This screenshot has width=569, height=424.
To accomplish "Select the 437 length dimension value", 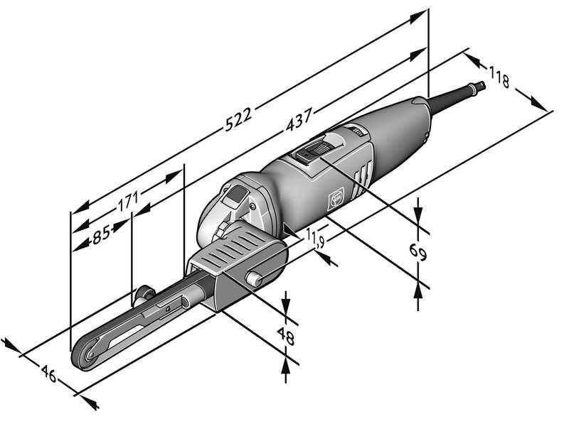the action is click(299, 119).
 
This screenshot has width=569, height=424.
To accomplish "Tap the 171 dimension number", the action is click(128, 202).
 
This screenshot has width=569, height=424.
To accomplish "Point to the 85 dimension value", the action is click(101, 234).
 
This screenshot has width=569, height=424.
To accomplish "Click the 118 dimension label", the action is click(499, 77).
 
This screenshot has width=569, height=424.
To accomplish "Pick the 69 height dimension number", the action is click(418, 252).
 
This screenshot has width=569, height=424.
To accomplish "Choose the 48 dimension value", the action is click(286, 337).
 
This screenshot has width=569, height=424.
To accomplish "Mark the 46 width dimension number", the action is click(48, 374).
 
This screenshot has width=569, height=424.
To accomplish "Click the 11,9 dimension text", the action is click(313, 238).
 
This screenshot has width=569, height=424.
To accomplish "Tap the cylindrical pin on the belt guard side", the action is click(254, 278).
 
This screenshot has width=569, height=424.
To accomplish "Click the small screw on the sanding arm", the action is click(168, 309).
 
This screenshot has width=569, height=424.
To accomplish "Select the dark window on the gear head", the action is click(235, 195).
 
